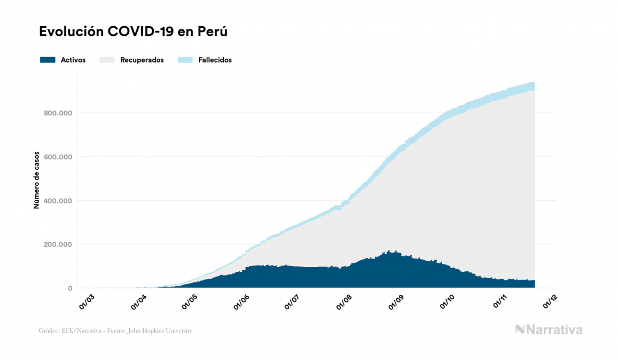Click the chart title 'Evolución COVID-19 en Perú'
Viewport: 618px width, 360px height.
pos(134,32)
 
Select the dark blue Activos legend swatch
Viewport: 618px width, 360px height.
pos(48,60)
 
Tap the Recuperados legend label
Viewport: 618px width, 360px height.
pos(142,60)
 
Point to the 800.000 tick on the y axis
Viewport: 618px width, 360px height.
pos(58,113)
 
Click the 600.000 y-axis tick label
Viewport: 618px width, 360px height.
pos(58,156)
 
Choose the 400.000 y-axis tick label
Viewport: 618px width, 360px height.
pos(58,201)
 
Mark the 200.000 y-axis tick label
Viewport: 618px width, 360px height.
pos(58,245)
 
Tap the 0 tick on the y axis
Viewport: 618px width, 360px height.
pos(69,288)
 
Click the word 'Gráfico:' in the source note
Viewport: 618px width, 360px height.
pos(49,331)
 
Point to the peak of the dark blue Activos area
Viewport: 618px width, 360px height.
pos(389,252)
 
